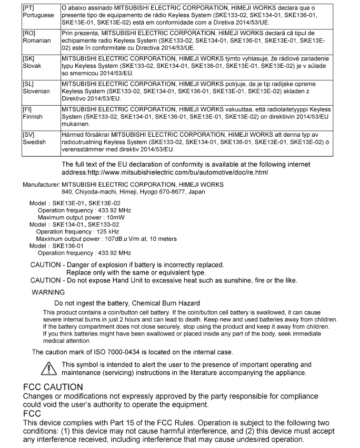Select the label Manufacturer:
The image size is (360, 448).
[x=42, y=185]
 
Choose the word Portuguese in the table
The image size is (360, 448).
[x=39, y=15]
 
